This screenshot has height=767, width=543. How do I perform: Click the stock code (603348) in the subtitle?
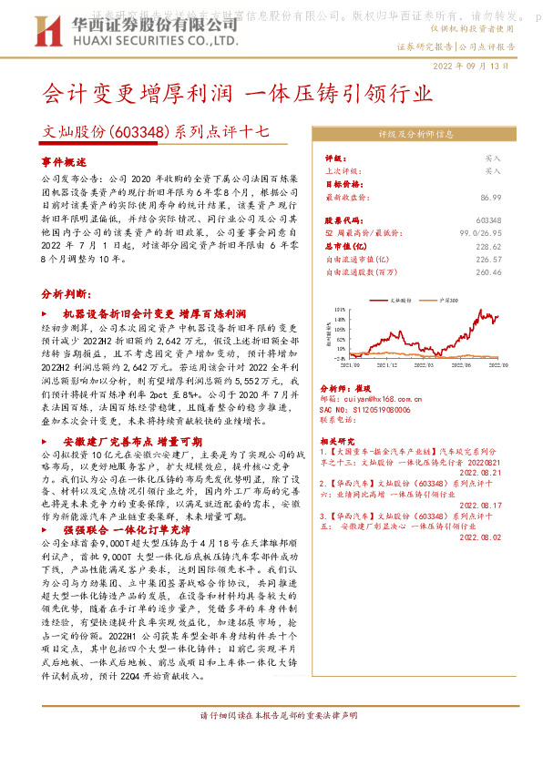pyautogui.click(x=138, y=131)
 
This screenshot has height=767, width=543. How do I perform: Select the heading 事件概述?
pyautogui.click(x=64, y=160)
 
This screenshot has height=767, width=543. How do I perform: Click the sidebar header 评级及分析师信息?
pyautogui.click(x=416, y=133)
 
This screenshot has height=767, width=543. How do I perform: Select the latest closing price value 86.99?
pyautogui.click(x=516, y=196)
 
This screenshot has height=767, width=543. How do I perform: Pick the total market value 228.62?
pyautogui.click(x=514, y=246)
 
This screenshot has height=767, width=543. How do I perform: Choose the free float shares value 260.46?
pyautogui.click(x=514, y=271)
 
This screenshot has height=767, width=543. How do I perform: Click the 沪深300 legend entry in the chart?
pyautogui.click(x=450, y=298)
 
